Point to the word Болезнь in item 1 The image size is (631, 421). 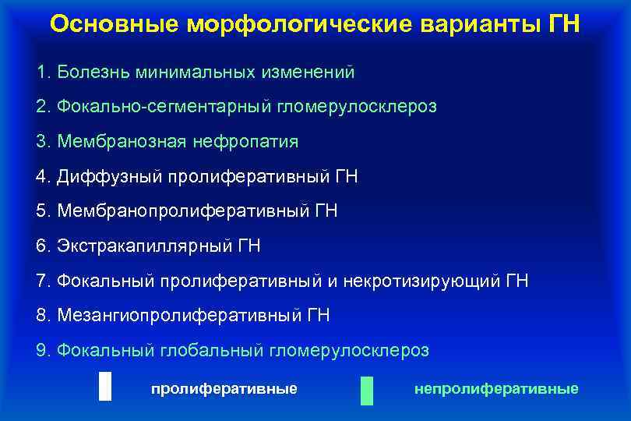93,73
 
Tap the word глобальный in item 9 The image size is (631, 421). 213,350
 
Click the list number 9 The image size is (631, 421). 42,350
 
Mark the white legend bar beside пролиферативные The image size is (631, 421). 105,387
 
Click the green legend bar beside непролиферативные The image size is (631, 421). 367,390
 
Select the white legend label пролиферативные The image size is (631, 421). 224,388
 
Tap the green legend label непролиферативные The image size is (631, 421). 496,388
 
